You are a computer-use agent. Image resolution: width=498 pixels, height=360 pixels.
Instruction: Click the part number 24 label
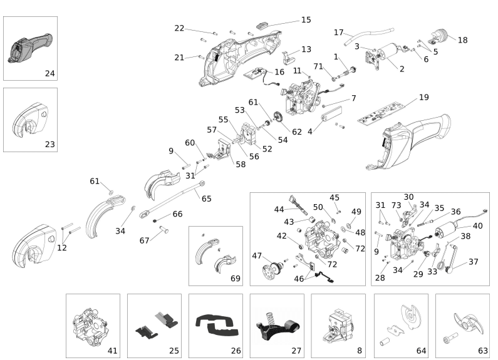49,73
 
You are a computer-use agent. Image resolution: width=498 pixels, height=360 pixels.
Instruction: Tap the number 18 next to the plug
462,40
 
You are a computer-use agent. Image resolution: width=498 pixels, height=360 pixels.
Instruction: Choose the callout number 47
257,255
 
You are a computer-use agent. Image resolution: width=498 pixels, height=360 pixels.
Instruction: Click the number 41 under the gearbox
113,351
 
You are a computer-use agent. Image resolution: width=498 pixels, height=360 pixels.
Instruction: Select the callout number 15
306,20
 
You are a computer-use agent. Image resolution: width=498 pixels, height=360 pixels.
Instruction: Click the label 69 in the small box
235,277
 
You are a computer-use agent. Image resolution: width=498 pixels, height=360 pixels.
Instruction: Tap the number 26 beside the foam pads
236,351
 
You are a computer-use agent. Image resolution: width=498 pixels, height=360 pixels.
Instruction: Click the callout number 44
279,208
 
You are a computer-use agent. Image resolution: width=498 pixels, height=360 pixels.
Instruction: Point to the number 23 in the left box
49,144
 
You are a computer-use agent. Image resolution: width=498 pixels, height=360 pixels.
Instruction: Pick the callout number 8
358,351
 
